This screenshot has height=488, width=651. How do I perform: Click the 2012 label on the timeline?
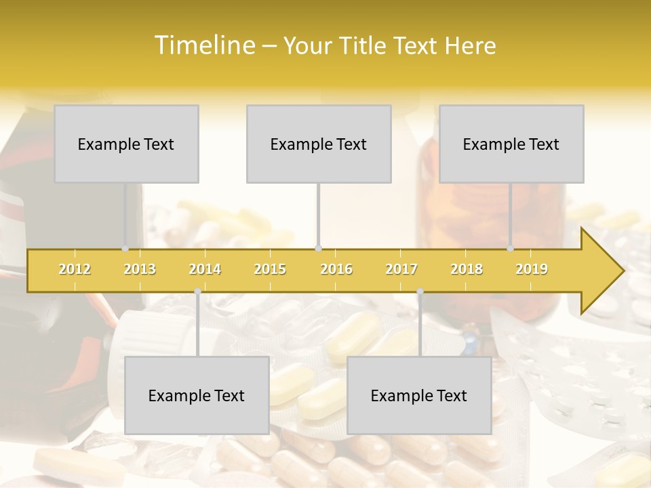[75, 269]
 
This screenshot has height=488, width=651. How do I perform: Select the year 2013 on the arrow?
[140, 269]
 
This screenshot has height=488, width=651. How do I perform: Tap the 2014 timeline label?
[205, 269]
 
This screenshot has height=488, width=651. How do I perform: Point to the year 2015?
[270, 269]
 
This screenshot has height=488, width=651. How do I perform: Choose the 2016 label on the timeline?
[336, 269]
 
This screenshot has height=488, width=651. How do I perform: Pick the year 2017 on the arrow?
[401, 269]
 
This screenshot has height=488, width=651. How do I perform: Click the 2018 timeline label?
[467, 269]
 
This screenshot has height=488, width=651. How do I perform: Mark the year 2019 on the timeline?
[532, 269]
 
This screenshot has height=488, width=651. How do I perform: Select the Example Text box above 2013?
[126, 144]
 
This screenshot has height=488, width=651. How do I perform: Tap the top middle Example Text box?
[319, 144]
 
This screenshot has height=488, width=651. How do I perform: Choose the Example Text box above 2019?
[511, 144]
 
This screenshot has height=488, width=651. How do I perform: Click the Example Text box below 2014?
[197, 395]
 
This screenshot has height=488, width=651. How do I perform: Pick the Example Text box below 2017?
[419, 395]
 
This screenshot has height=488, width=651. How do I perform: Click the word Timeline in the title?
[203, 45]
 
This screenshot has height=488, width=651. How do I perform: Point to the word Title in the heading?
[365, 45]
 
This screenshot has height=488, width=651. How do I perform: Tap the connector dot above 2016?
[319, 249]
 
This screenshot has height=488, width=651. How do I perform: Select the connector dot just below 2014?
[197, 291]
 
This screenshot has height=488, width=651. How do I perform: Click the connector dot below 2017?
[420, 291]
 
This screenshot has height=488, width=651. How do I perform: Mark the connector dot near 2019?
[511, 249]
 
